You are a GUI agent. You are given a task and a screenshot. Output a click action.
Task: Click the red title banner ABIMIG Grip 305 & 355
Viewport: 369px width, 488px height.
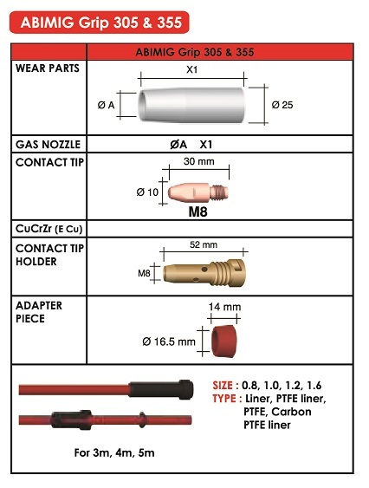coord(100,23)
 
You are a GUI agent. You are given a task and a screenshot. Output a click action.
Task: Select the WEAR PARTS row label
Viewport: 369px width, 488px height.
coord(48,68)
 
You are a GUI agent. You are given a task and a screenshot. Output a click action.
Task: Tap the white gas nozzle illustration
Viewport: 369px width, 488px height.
coord(191,104)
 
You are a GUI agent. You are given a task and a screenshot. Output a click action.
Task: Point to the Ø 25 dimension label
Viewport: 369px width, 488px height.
coord(282,105)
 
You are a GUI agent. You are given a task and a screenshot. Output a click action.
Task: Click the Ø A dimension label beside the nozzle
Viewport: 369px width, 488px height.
coord(106,105)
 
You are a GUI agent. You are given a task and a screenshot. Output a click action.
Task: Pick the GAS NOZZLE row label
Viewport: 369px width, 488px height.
coord(48,145)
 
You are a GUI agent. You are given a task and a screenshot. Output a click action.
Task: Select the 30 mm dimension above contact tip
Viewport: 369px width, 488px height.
coord(199,161)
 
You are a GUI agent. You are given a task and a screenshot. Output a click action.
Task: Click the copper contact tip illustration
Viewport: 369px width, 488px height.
coord(197,192)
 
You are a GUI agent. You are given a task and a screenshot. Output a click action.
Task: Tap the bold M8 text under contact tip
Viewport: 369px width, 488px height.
coord(197,212)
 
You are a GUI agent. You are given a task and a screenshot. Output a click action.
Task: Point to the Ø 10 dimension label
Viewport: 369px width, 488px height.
coord(147,192)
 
